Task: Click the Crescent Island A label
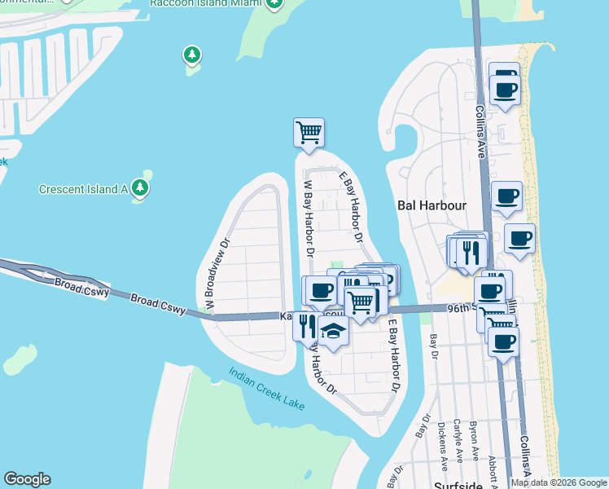tap(84, 190)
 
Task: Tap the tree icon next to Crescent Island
tap(141, 189)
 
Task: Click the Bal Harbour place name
tap(432, 205)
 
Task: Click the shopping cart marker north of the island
tap(309, 132)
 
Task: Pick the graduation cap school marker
tap(333, 332)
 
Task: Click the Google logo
tap(27, 479)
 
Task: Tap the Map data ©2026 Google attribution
tap(558, 482)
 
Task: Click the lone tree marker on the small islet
tap(191, 55)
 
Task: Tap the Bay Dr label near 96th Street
tap(433, 346)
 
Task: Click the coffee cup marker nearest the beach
tap(519, 238)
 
